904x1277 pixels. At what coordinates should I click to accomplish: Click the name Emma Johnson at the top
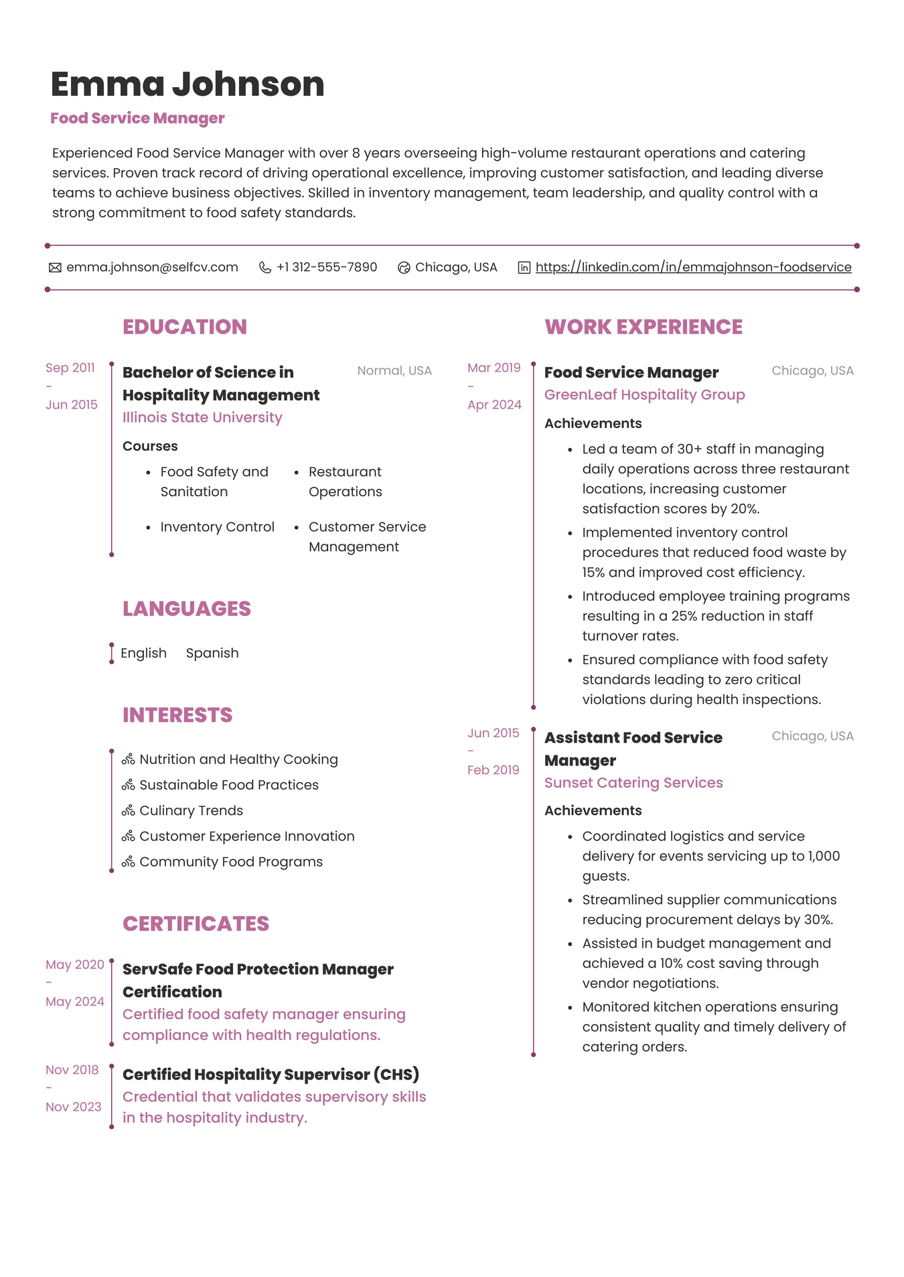[x=187, y=84]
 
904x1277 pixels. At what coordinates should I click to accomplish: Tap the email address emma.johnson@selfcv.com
[x=152, y=267]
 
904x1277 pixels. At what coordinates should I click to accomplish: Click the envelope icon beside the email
[x=55, y=268]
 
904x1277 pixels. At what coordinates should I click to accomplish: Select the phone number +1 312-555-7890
[x=327, y=267]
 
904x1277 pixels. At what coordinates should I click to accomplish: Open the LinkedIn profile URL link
[x=693, y=267]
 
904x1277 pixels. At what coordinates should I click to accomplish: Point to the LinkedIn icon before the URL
[x=524, y=268]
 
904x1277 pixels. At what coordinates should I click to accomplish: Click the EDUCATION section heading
[x=185, y=327]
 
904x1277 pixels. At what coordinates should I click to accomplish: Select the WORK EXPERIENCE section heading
[x=644, y=327]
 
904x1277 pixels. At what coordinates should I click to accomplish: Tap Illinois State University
[x=202, y=417]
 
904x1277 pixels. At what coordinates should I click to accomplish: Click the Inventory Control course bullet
[x=217, y=527]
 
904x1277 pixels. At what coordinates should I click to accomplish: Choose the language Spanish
[x=212, y=653]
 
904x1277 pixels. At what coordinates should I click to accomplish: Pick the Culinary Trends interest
[x=191, y=810]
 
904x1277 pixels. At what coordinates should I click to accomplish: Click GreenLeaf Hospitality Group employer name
[x=644, y=394]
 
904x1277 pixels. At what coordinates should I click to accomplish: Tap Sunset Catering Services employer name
[x=633, y=782]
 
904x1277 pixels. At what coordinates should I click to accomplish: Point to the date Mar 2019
[x=494, y=368]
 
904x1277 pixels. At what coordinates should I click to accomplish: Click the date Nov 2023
[x=74, y=1107]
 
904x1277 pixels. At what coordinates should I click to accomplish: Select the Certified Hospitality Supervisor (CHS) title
[x=271, y=1074]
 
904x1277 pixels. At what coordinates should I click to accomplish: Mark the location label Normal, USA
[x=394, y=370]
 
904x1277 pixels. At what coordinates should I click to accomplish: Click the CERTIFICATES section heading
[x=196, y=923]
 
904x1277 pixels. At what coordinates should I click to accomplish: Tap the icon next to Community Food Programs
[x=129, y=862]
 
